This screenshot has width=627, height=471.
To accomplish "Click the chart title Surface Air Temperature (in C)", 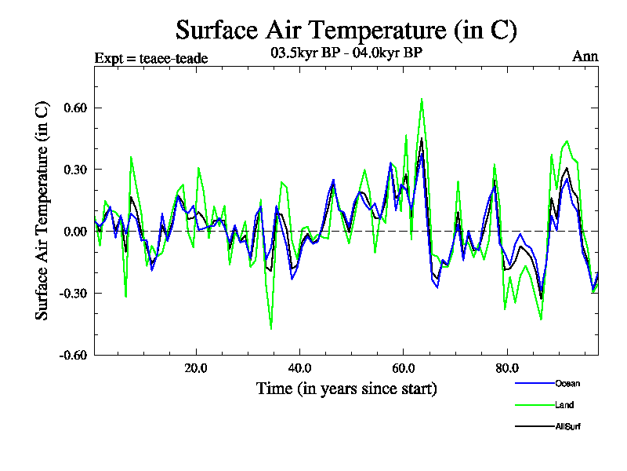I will pyautogui.click(x=346, y=31).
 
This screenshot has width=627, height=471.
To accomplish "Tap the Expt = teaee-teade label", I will pyautogui.click(x=151, y=57).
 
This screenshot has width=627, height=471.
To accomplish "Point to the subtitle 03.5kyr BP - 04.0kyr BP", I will pyautogui.click(x=346, y=53).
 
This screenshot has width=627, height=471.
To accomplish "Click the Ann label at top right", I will pyautogui.click(x=585, y=57).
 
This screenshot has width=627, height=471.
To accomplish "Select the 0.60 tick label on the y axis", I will pyautogui.click(x=71, y=108).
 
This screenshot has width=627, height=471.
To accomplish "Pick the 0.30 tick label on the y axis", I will pyautogui.click(x=71, y=170).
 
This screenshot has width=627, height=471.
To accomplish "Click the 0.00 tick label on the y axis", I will pyautogui.click(x=71, y=231).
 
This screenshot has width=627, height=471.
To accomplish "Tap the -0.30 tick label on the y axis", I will pyautogui.click(x=69, y=293).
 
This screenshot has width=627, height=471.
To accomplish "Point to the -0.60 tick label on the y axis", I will pyautogui.click(x=69, y=355).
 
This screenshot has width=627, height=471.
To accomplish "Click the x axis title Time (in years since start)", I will pyautogui.click(x=346, y=388).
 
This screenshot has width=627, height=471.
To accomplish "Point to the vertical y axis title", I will pyautogui.click(x=43, y=210).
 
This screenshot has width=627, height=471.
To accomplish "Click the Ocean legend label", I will pyautogui.click(x=567, y=383).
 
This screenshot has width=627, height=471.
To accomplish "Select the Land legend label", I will pyautogui.click(x=564, y=405).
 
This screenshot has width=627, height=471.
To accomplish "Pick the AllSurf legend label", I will pyautogui.click(x=567, y=426).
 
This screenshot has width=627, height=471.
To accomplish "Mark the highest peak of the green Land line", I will pyautogui.click(x=422, y=99).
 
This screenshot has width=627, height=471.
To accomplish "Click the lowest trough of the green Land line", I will pyautogui.click(x=271, y=329).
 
